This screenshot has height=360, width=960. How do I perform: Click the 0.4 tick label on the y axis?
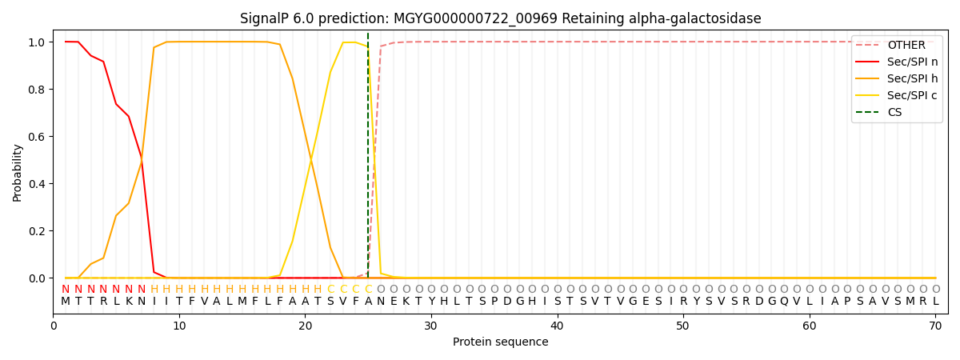(37, 184)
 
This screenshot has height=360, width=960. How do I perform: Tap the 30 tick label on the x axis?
(431, 326)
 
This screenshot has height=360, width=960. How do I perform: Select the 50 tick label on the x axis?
(683, 326)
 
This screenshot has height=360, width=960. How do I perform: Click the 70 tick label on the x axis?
(935, 326)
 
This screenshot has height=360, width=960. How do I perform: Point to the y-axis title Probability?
(17, 173)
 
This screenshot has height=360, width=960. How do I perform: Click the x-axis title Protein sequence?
(501, 342)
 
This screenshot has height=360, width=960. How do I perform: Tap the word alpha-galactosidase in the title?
(695, 19)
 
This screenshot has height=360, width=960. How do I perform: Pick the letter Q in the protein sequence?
(784, 302)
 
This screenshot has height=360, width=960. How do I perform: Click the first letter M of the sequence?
(66, 302)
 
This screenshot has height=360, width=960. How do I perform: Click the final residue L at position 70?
(936, 302)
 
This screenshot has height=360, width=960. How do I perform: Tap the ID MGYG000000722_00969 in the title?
(475, 19)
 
